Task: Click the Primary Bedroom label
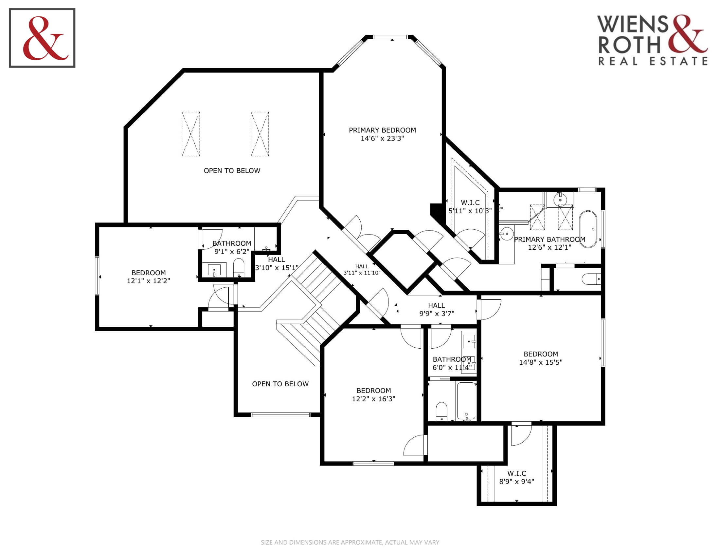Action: point(382,130)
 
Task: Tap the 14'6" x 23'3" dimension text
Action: point(382,139)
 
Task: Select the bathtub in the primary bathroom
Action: point(588,229)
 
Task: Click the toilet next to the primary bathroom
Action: point(591,279)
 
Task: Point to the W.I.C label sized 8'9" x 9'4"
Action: point(516,473)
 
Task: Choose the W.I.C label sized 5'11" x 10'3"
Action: point(470,202)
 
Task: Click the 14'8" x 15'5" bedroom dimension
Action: point(541,362)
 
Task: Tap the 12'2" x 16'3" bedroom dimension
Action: point(373,399)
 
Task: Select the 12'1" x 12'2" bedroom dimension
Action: point(148,281)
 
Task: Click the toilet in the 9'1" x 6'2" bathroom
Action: point(239,268)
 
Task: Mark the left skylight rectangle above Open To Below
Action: point(191,134)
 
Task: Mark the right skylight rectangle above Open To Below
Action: point(260,134)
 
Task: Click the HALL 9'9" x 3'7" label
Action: point(437,310)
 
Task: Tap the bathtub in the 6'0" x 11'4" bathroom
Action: point(466,401)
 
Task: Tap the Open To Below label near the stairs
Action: point(280,384)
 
